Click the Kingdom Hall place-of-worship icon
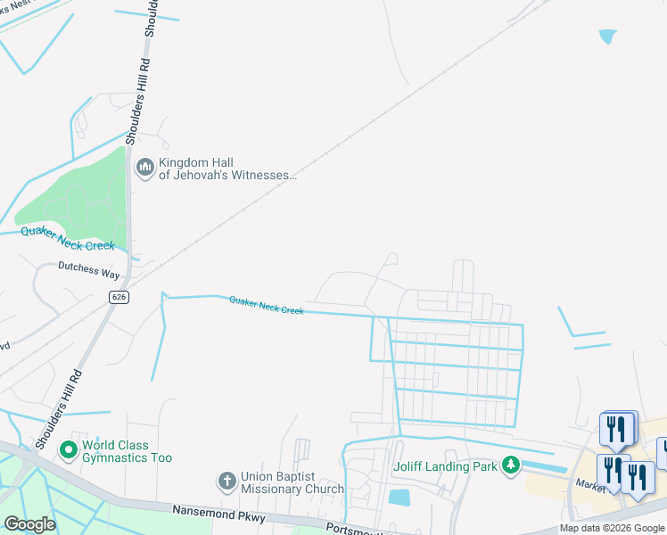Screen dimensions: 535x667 [144, 167]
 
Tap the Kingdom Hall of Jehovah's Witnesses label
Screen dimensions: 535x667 [226, 169]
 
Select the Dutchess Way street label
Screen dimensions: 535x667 [88, 266]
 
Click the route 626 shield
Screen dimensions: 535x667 [118, 296]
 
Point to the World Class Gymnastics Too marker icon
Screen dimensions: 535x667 [68, 451]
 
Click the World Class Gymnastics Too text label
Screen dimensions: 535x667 [127, 451]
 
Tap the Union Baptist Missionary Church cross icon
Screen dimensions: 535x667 [227, 481]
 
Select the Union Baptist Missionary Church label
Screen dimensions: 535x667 [292, 482]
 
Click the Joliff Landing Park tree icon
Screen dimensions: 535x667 [510, 465]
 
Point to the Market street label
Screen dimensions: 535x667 [590, 484]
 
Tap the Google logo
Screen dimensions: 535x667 [29, 524]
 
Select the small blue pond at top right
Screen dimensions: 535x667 [607, 37]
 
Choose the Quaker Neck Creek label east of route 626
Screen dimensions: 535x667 [266, 306]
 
